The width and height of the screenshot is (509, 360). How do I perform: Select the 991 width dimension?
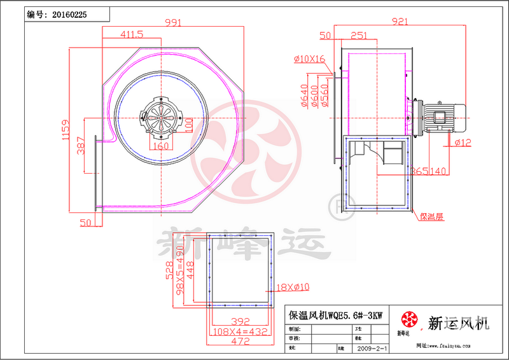[173, 22]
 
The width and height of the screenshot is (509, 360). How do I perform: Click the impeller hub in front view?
[161, 115]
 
